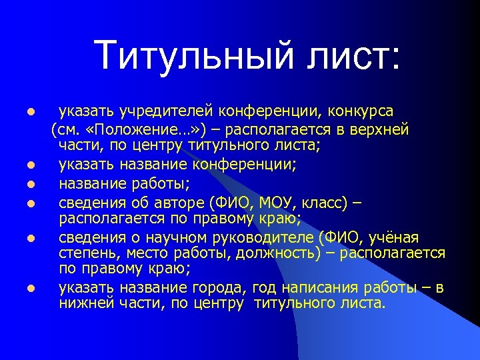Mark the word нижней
(82, 305)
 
